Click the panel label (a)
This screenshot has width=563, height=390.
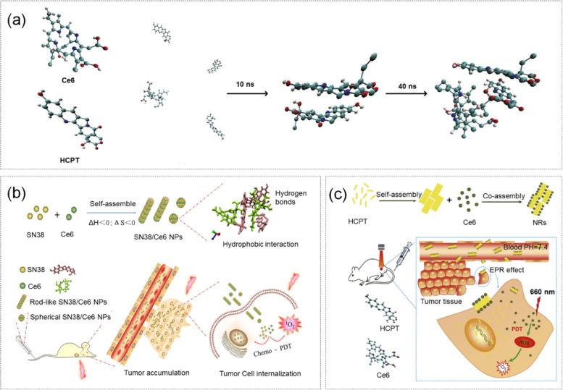pyautogui.click(x=20, y=20)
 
